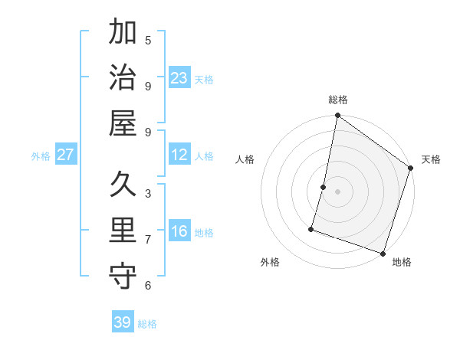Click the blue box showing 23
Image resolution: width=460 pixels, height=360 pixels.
coord(179,78)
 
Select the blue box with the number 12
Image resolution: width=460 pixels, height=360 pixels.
coord(179,155)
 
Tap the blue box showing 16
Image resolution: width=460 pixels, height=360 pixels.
coord(179,231)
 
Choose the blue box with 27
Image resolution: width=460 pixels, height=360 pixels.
coord(65,155)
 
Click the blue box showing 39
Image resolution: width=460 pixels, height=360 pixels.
coord(123,322)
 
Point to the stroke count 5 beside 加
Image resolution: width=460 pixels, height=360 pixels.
coord(148,40)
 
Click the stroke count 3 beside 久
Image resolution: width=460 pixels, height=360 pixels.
coord(148,193)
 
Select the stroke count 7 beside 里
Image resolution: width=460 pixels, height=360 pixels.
coord(148,239)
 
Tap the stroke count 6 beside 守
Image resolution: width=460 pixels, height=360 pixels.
coord(148,285)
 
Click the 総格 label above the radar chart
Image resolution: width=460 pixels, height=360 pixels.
coord(338,100)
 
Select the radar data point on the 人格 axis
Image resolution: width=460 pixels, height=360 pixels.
coord(324,187)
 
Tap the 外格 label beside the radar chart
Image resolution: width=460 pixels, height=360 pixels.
coord(270,262)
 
